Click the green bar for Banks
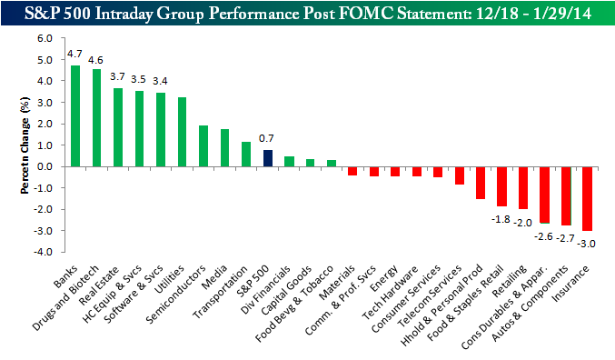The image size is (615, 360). tap(74, 115)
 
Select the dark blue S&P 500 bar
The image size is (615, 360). tap(268, 158)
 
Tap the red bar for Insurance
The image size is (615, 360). tap(587, 199)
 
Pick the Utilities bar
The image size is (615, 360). tap(182, 132)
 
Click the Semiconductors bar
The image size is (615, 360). tap(203, 146)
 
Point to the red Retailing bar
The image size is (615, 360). tap(523, 188)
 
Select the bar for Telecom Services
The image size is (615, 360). tap(460, 175)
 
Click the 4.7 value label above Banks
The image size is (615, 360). tap(74, 54)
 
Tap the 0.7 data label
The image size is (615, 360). tap(266, 138)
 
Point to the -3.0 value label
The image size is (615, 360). tap(586, 244)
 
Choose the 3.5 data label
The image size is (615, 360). tap(138, 79)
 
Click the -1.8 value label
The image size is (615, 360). tap(501, 219)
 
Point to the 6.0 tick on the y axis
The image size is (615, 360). tap(45, 38)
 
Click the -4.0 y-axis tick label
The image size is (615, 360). tap(43, 252)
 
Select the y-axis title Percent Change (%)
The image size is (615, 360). tap(25, 145)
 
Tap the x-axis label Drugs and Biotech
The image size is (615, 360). tap(65, 298)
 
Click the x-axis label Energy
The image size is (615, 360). tap(384, 278)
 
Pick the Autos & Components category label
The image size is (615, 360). tap(529, 304)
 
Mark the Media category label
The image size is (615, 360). tap(213, 277)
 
